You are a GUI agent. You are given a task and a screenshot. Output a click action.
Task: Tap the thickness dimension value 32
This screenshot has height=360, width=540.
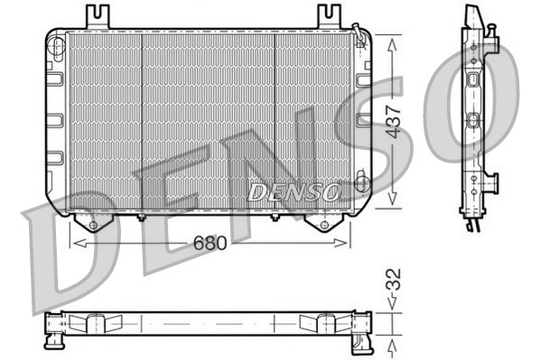tap(391, 279)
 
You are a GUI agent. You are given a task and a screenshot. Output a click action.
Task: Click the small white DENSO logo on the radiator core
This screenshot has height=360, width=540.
tap(294, 191)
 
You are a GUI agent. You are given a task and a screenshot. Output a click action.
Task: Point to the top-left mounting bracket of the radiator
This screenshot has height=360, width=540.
tap(98, 16)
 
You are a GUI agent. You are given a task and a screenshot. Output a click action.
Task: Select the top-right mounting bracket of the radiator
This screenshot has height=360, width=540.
tap(330, 16)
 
